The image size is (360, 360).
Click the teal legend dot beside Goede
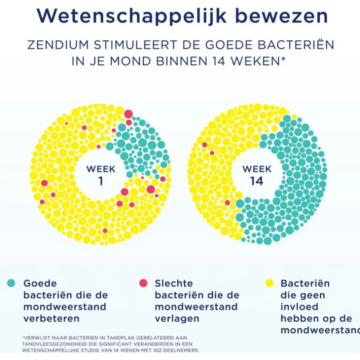pos(11,283)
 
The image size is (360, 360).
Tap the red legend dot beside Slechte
pos(143,283)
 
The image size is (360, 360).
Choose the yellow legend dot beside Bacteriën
pos(269,283)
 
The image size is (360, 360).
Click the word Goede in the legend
pos(40,283)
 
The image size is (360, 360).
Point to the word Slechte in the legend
pos(173,283)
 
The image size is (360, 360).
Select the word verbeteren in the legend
pos(51,318)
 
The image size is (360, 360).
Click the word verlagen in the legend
pos(177,318)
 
